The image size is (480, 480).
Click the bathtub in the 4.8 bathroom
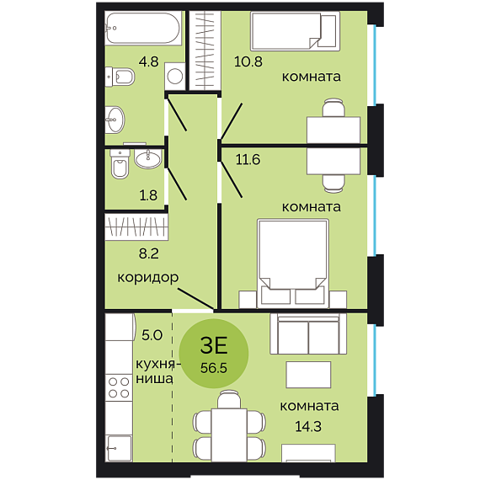tap(143, 28)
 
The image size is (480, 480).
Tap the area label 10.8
tap(248, 61)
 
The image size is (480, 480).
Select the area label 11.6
tap(248, 159)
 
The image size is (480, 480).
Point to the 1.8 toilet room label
tap(148, 195)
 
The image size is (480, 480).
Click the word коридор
tap(148, 278)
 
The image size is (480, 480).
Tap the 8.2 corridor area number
tap(149, 253)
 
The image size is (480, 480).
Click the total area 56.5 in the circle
tap(214, 368)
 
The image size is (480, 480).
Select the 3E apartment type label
tap(214, 345)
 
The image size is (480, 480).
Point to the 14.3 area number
tap(308, 426)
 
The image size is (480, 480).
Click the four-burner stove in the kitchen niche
tap(119, 387)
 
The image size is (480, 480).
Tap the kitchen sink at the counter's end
tap(119, 448)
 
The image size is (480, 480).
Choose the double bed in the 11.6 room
tap(293, 264)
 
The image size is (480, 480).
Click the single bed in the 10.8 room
tap(295, 31)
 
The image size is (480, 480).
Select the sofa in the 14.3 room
tap(308, 333)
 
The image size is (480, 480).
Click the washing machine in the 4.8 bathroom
tap(175, 77)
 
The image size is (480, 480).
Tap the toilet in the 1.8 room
tap(120, 164)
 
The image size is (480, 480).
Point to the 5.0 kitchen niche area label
tap(152, 335)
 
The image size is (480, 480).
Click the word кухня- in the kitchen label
tap(158, 365)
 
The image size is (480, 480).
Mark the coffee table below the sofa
tap(308, 375)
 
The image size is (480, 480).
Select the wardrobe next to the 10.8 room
tap(205, 51)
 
